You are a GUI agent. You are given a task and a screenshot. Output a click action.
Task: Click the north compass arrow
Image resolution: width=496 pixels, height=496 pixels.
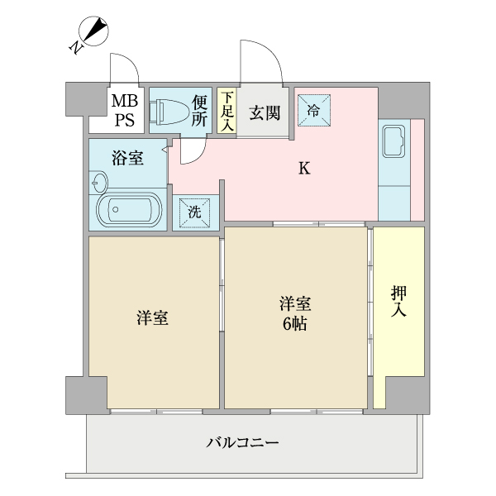[93, 34]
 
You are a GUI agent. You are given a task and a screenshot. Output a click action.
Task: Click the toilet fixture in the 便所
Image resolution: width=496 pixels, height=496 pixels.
[168, 111]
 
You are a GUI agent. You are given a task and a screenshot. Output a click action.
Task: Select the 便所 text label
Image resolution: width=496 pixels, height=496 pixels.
[199, 110]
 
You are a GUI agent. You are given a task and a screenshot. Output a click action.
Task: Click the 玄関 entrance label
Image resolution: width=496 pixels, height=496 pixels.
[263, 111]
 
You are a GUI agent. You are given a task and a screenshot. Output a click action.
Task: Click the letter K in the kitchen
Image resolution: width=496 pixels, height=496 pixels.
[304, 169]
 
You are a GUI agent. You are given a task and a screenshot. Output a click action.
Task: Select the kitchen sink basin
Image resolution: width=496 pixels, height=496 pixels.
[392, 141]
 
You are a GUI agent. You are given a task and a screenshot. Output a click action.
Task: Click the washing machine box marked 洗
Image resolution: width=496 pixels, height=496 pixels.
[195, 212]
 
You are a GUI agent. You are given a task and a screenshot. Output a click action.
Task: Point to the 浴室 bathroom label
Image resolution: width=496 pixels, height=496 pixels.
[127, 158]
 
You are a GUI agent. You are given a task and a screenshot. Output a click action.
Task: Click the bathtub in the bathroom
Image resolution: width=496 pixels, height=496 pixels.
[128, 210]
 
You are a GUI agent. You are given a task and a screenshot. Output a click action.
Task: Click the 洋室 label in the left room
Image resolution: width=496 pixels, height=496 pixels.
[153, 319]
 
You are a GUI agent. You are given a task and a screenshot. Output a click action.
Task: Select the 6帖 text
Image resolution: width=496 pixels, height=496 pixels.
[295, 324]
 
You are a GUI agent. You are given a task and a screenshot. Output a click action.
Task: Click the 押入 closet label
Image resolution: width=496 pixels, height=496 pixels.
[398, 302]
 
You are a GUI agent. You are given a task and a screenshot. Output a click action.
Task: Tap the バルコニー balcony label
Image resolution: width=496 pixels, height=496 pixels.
[242, 442]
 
